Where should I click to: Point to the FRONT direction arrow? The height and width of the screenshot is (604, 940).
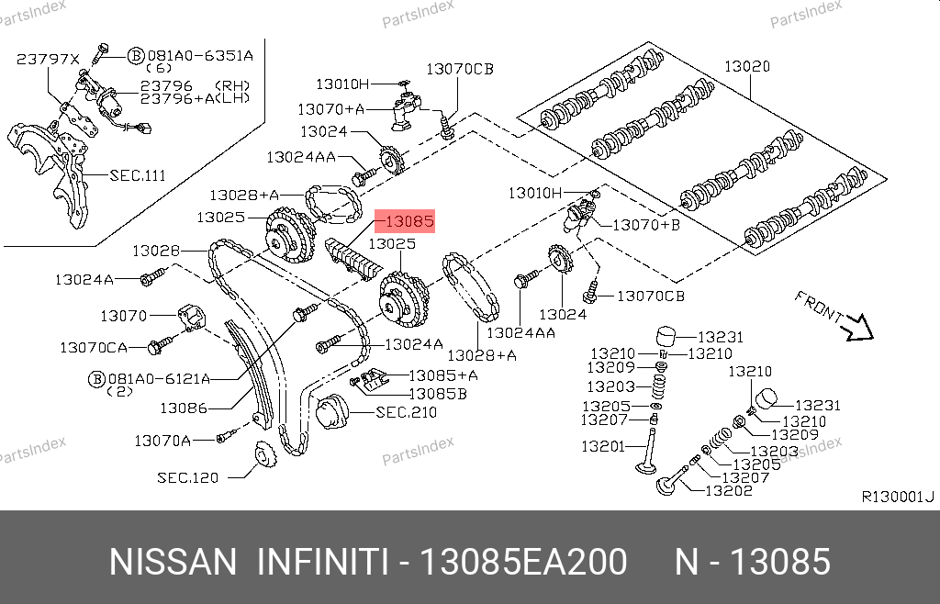(858, 328)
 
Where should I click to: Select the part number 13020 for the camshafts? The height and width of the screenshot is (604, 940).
(747, 66)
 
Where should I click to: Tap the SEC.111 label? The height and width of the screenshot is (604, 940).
(138, 175)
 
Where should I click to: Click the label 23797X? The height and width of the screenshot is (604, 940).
(48, 60)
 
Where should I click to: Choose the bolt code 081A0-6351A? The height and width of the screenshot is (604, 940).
(200, 56)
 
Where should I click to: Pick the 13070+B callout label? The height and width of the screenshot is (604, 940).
(646, 225)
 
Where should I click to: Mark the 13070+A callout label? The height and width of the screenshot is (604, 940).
(330, 109)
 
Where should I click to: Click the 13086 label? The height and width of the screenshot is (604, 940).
(184, 408)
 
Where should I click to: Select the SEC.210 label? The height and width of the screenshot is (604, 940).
(406, 412)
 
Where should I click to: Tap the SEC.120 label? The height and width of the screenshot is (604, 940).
(187, 477)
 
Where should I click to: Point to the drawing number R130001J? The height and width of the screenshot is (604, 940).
(898, 497)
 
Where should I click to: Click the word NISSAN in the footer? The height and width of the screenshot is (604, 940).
(173, 562)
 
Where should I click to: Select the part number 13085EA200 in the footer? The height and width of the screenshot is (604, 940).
(523, 562)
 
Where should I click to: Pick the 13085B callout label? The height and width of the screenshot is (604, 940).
(438, 394)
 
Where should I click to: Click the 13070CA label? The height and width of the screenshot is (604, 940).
(94, 347)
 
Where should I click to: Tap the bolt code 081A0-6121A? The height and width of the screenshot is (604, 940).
(159, 379)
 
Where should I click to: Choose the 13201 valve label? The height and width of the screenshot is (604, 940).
(603, 446)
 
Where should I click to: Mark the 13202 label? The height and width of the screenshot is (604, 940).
(728, 490)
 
